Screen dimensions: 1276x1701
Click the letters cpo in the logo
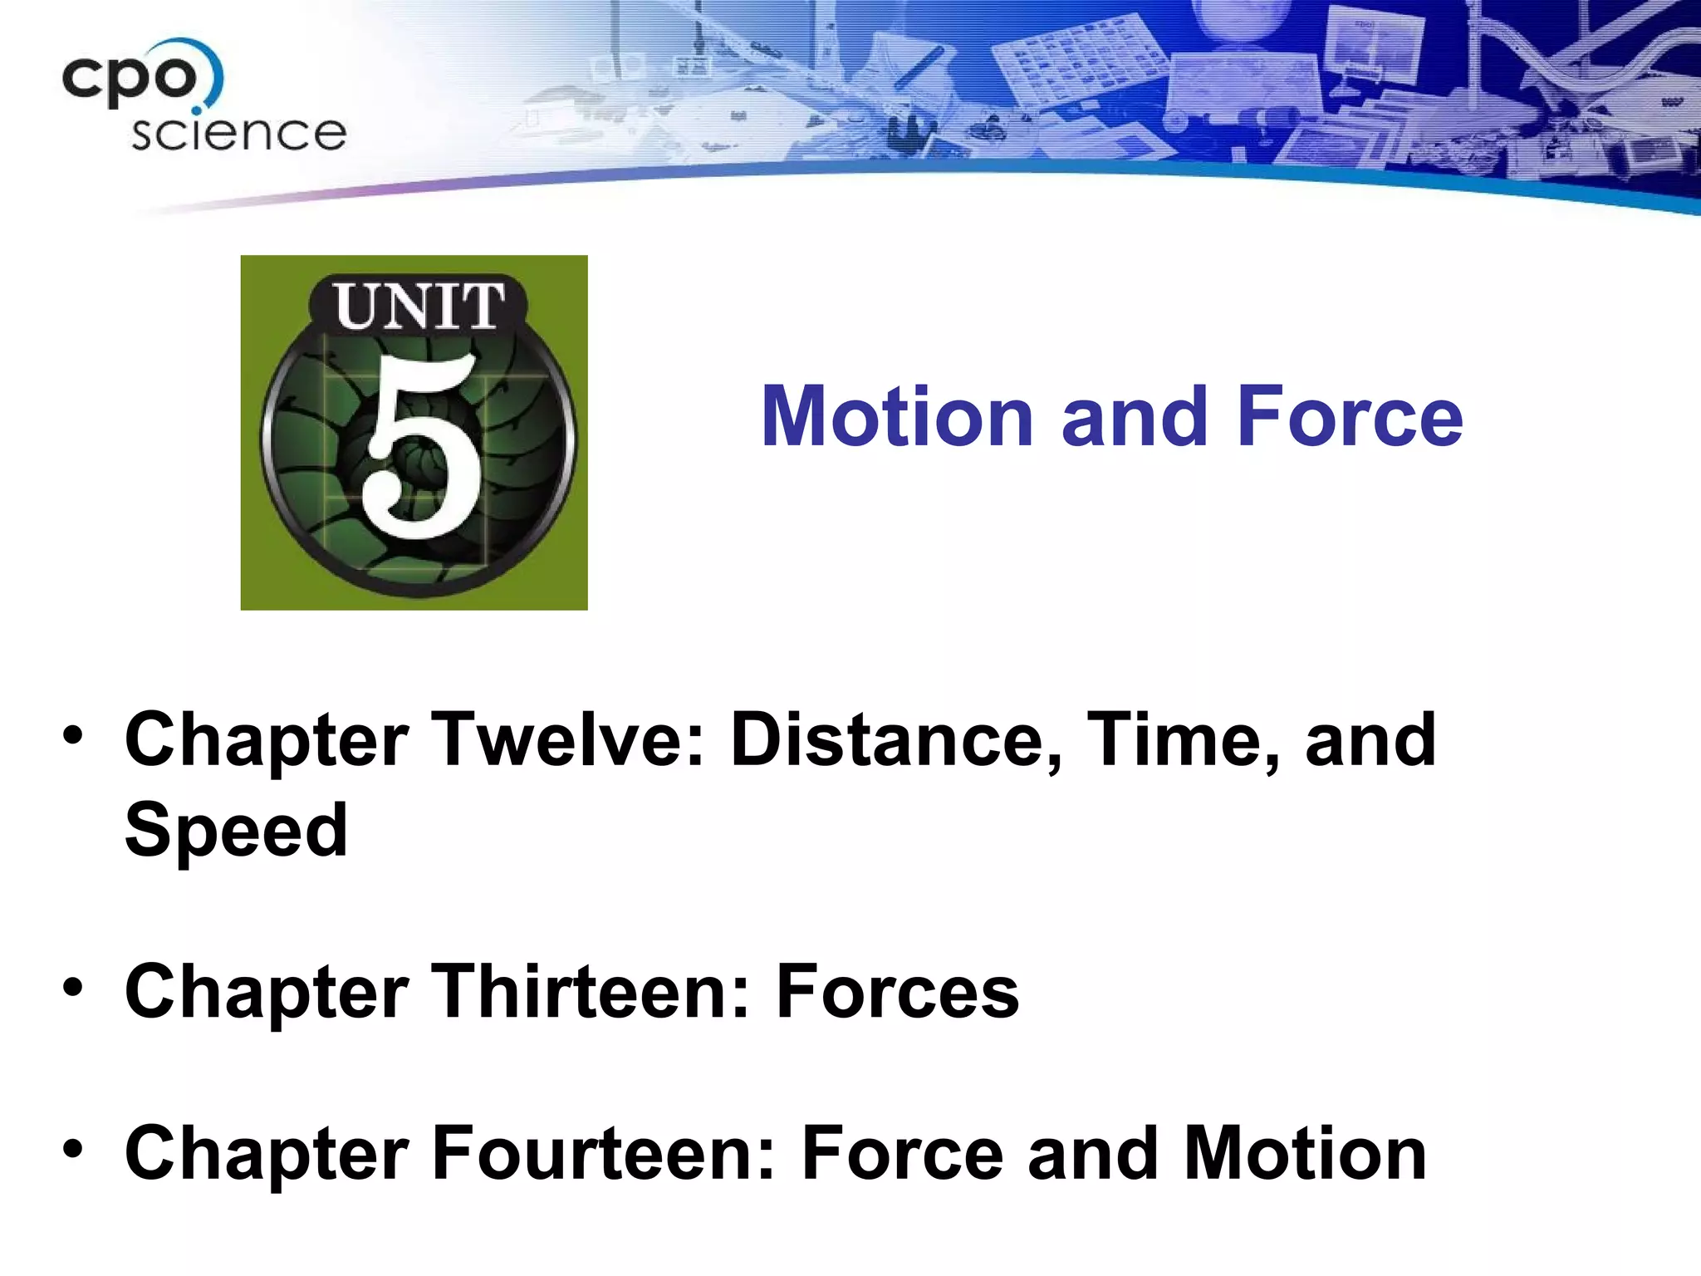point(131,79)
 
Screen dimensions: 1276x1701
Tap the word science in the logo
point(238,134)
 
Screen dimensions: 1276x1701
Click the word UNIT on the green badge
point(419,307)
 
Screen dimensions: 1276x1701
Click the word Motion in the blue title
point(897,417)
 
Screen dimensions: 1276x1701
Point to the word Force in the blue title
point(1350,417)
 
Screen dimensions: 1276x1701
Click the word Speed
point(237,831)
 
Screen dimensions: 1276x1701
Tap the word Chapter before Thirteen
point(267,993)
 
